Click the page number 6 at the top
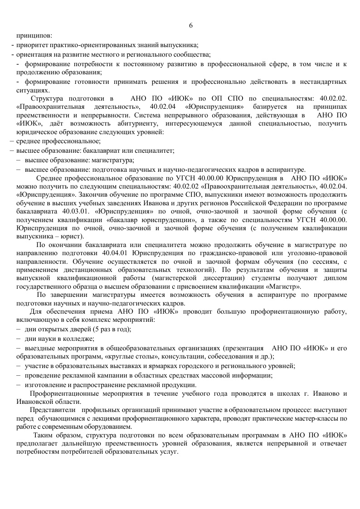click(191, 25)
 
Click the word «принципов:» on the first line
click(34, 35)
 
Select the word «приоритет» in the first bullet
click(32, 45)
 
